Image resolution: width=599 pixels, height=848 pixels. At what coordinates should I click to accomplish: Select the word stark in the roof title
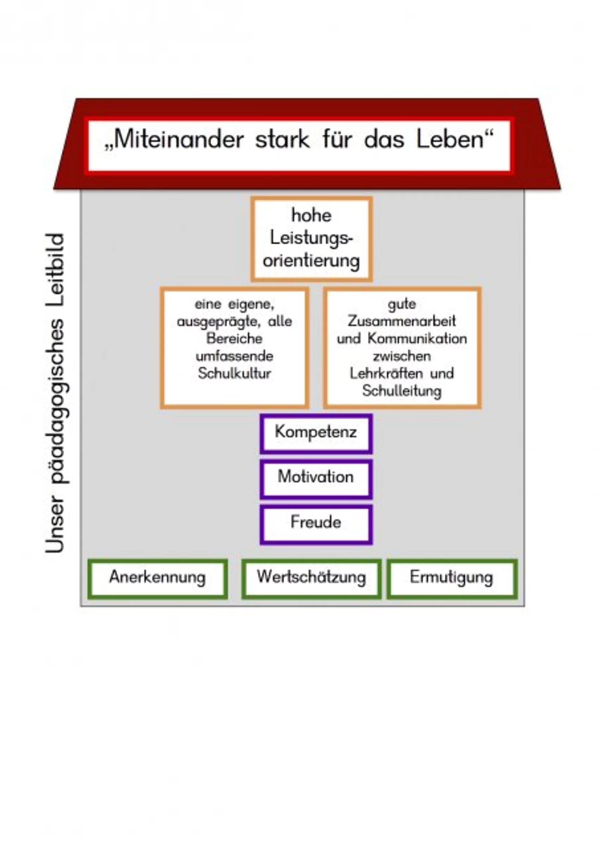tap(283, 140)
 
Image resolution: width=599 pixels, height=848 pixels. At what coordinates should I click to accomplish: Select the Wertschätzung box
tap(311, 577)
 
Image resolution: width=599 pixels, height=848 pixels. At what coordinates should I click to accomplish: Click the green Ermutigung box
tap(451, 577)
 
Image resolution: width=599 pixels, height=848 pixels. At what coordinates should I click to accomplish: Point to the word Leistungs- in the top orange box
tap(311, 238)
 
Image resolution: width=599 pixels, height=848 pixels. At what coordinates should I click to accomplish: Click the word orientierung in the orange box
tap(311, 261)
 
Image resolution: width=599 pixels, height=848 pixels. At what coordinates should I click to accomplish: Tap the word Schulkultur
tap(235, 373)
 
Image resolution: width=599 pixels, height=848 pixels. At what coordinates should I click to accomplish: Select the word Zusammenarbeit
tap(402, 321)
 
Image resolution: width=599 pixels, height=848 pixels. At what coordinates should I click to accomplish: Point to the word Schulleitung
tap(402, 391)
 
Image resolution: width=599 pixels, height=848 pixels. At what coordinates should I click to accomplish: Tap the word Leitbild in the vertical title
tap(55, 270)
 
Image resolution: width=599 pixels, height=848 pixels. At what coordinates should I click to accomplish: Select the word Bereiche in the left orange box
tap(235, 339)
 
